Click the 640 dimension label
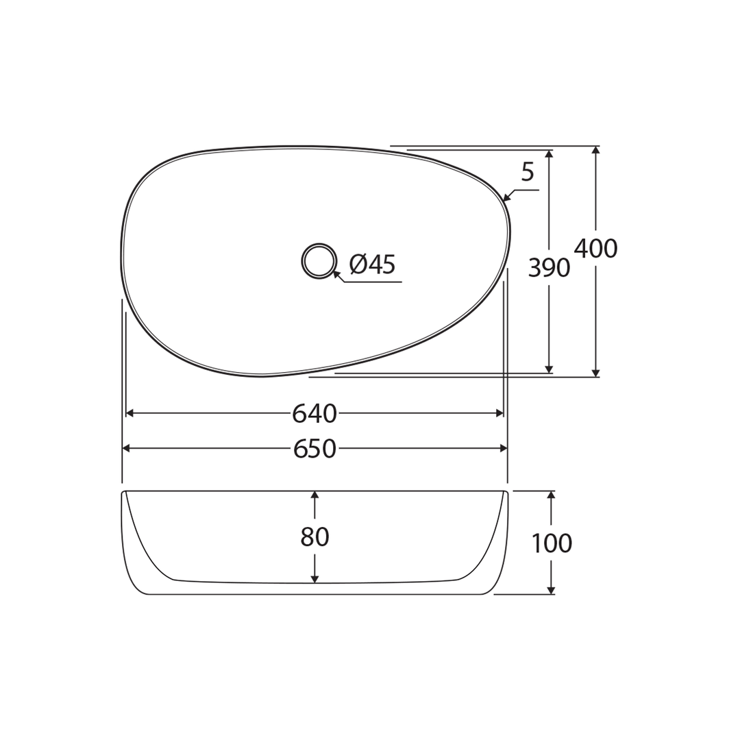[x=314, y=414]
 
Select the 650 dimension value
[x=314, y=449]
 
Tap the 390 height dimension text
[x=549, y=268]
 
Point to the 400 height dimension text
[x=595, y=249]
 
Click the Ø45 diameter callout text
[x=372, y=264]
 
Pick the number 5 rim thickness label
[x=527, y=172]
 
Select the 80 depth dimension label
[x=314, y=537]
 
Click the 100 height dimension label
[x=552, y=543]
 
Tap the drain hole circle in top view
[x=319, y=261]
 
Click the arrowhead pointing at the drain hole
[x=336, y=274]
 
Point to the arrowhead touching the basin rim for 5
[x=507, y=198]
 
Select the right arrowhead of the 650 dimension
[x=504, y=448]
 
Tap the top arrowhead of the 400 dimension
[x=595, y=151]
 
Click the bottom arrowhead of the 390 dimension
[x=549, y=369]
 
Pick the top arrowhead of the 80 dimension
[x=314, y=495]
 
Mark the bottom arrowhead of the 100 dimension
[x=551, y=590]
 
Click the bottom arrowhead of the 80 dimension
[x=314, y=579]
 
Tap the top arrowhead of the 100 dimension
[x=551, y=495]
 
